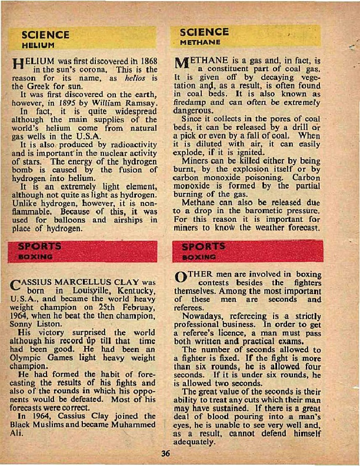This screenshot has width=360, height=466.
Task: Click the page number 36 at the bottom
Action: (x=166, y=453)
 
